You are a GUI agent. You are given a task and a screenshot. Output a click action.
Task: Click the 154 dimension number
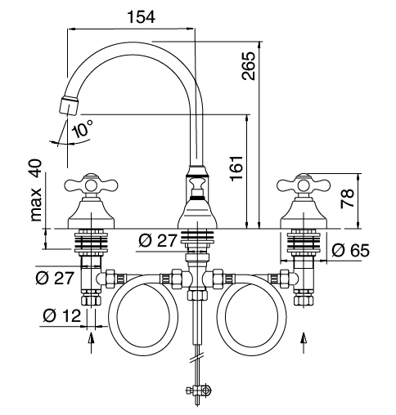tap(142, 17)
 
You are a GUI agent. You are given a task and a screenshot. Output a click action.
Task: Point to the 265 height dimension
tap(249, 66)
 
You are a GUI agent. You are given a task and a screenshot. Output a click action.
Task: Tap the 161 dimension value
tap(236, 168)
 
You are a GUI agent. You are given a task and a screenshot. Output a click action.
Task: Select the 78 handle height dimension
tap(347, 199)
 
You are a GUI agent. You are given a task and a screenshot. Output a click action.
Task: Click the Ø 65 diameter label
tap(351, 250)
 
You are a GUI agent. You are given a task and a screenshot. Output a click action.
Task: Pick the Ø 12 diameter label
tap(62, 315)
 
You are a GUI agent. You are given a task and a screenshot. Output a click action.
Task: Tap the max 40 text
tap(36, 190)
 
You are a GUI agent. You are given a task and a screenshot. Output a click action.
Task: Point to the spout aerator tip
tap(69, 105)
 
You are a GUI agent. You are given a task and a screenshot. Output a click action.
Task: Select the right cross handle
tap(304, 185)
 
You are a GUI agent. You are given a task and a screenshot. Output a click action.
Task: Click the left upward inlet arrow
tap(91, 342)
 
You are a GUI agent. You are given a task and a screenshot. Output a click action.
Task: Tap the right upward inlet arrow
tap(304, 342)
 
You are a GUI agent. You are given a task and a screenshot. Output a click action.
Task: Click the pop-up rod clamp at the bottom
tap(199, 390)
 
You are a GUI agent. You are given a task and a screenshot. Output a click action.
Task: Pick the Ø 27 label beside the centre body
tap(158, 241)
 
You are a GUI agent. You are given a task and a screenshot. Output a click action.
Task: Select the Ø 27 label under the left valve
tap(55, 278)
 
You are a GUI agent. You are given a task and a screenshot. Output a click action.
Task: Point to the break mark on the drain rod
tap(197, 358)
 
